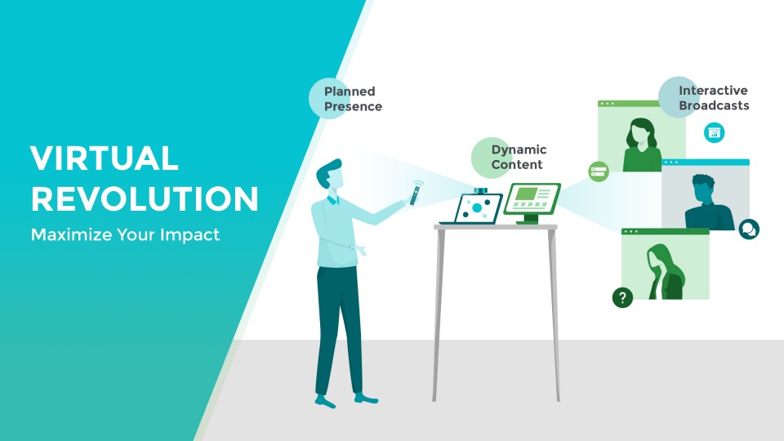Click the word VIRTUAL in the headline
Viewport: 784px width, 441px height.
(104, 158)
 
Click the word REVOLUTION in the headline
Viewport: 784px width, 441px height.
(145, 199)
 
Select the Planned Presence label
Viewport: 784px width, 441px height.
(353, 99)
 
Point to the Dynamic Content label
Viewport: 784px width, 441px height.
(519, 157)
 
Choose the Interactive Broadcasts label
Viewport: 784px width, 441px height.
(714, 98)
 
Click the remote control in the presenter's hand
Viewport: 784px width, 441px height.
(415, 194)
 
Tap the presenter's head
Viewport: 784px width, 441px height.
(330, 174)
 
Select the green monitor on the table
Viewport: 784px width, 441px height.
(532, 203)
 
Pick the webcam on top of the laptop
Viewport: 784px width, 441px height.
(480, 190)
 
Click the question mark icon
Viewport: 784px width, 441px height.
(622, 297)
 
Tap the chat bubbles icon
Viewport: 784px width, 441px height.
(749, 229)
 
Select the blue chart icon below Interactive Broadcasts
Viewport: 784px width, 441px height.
(714, 132)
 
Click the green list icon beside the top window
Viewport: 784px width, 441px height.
(599, 171)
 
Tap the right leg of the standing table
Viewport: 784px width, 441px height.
(555, 315)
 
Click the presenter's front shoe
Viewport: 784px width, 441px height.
(366, 399)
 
